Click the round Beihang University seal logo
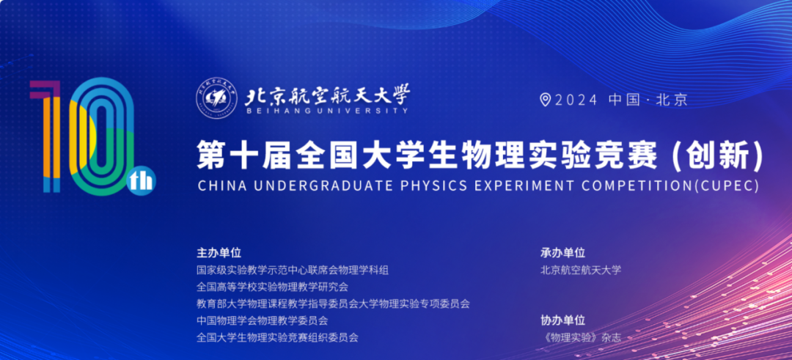coord(216,99)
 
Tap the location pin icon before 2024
coord(545,100)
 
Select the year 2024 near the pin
coord(576,100)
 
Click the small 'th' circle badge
coord(142,182)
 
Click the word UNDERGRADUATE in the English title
coord(323,185)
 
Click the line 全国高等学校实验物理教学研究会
coord(273,287)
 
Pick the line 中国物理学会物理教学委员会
coord(263,320)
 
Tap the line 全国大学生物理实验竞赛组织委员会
coord(278,337)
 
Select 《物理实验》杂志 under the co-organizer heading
coord(580,338)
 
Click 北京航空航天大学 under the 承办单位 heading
coord(581,270)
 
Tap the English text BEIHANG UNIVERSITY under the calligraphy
coord(326,111)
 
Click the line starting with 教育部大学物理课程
coord(334,304)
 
